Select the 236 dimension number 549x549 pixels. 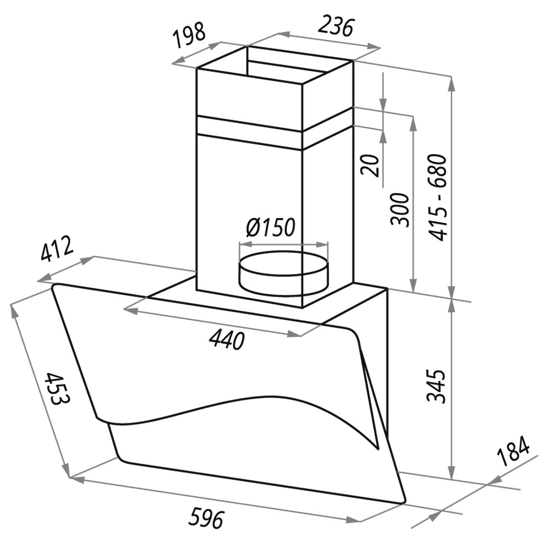[335, 25]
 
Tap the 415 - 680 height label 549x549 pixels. [438, 197]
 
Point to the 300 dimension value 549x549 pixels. [400, 209]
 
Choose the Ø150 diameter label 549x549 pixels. [270, 228]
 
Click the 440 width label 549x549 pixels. [226, 340]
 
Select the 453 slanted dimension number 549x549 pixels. [57, 389]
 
